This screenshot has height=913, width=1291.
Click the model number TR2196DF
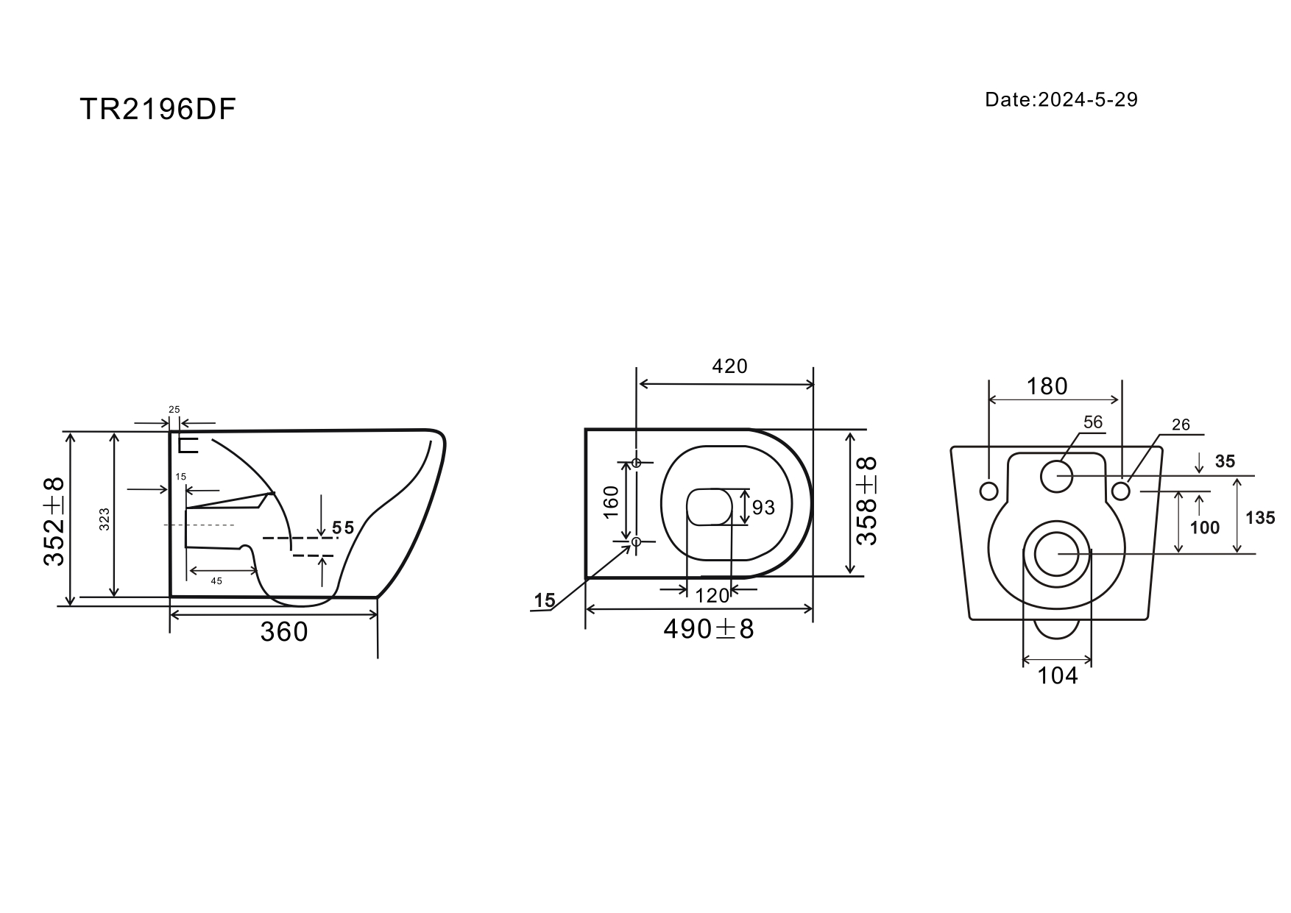click(x=158, y=110)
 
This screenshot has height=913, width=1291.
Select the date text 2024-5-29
click(x=1088, y=99)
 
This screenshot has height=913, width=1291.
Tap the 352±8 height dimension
click(x=54, y=520)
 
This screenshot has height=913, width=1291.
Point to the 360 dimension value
click(x=284, y=631)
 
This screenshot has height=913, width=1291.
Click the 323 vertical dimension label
click(x=104, y=520)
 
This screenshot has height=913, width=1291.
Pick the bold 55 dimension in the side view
click(x=343, y=527)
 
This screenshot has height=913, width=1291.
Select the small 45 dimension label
click(x=216, y=581)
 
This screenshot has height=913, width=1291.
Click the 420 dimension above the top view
click(x=729, y=366)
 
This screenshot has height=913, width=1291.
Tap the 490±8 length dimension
click(x=709, y=629)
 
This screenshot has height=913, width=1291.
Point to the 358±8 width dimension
click(x=868, y=500)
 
